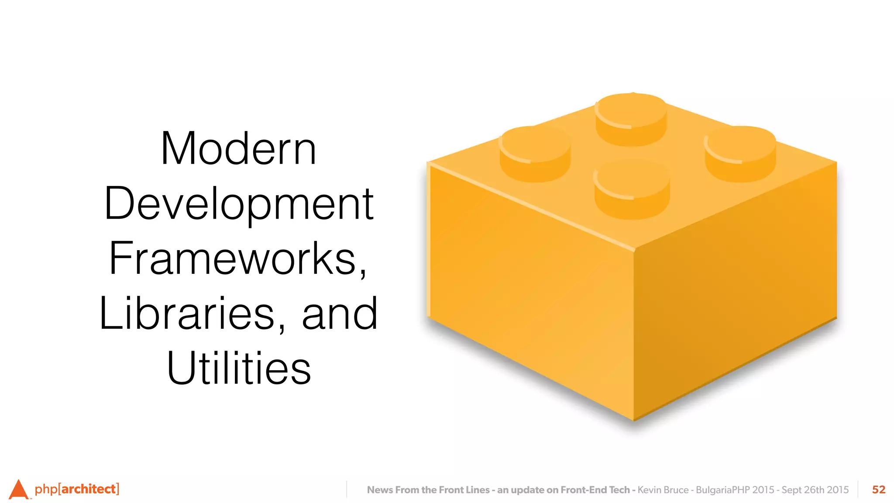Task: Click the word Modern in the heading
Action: tap(238, 149)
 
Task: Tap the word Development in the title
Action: tap(239, 204)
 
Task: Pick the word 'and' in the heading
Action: tap(340, 314)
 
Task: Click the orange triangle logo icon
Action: tap(18, 489)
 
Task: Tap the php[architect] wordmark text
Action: tap(77, 489)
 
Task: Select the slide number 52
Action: tap(878, 489)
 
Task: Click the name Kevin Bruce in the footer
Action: tap(663, 490)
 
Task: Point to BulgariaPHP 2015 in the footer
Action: tap(735, 490)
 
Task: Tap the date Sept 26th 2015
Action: tap(815, 490)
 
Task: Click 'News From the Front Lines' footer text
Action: tap(428, 490)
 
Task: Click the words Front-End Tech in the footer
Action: tap(595, 490)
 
